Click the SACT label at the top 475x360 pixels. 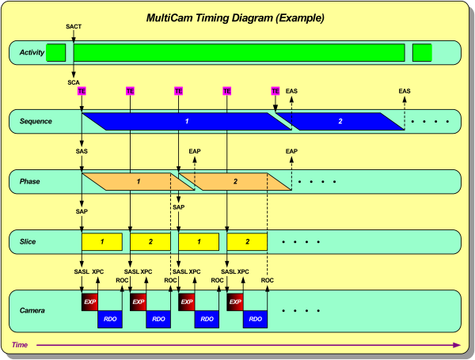coord(73,27)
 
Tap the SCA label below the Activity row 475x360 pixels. coord(73,81)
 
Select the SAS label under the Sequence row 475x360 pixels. coord(82,150)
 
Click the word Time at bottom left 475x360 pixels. coord(20,345)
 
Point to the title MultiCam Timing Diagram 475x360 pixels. coord(237,17)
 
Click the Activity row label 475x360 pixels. coord(29,53)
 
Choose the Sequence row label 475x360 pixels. coord(36,121)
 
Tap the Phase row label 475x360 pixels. coord(29,182)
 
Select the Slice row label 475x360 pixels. coord(28,241)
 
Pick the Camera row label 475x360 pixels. coord(32,309)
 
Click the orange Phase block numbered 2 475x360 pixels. coord(234,182)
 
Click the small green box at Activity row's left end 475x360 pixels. coord(55,53)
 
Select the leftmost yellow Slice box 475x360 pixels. coord(102,241)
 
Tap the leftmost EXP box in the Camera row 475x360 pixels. coord(90,302)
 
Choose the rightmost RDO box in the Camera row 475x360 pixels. coord(255,319)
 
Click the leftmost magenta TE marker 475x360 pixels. coord(82,91)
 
